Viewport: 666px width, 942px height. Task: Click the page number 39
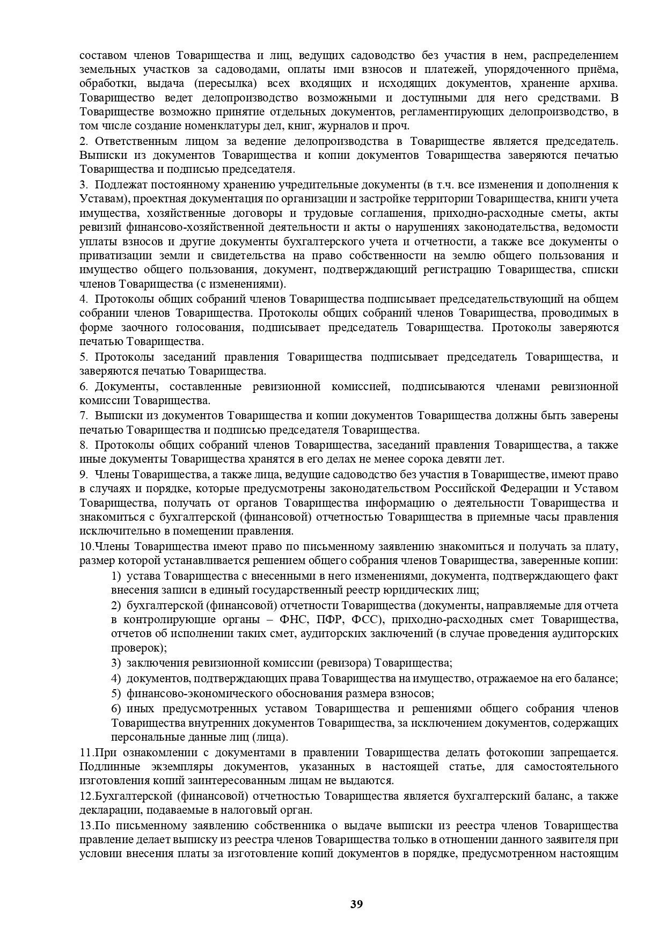click(356, 904)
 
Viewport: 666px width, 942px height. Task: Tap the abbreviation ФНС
click(294, 620)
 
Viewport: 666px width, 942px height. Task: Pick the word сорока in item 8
click(416, 459)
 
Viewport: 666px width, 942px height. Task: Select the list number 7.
click(83, 415)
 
